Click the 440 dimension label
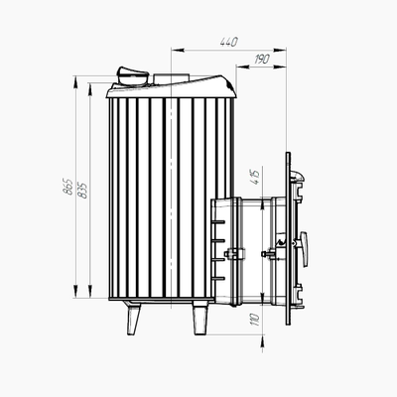[229, 42]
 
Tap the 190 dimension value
[262, 60]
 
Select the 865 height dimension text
[68, 187]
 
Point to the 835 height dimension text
[82, 191]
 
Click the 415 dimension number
[256, 177]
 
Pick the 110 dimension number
[256, 320]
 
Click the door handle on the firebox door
[305, 249]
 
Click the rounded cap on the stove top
[132, 75]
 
